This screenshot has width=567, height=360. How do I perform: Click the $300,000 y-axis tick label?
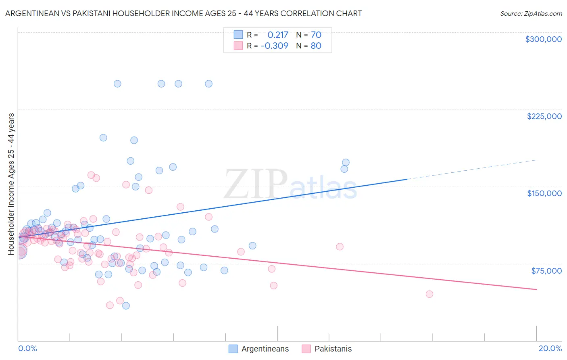click(543, 39)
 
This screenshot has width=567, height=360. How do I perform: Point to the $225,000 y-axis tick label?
click(544, 116)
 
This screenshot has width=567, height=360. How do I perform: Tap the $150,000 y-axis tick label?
click(544, 193)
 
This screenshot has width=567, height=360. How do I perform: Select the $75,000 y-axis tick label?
click(546, 271)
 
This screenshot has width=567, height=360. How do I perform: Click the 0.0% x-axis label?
click(27, 348)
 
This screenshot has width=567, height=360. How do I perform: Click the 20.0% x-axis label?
click(550, 348)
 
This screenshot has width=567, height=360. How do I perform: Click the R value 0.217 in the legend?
click(277, 35)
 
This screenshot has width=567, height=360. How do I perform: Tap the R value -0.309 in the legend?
click(274, 46)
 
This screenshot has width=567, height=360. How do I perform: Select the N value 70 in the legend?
click(316, 35)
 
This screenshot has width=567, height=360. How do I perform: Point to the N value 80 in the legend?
click(316, 46)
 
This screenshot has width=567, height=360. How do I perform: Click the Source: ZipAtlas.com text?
click(531, 13)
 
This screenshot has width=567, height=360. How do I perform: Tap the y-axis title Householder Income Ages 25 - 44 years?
click(11, 184)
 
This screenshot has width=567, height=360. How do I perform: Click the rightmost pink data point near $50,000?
click(429, 294)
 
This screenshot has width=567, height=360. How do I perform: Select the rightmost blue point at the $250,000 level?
click(208, 84)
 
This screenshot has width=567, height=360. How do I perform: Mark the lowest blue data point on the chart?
click(126, 306)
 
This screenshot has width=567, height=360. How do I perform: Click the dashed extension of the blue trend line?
click(472, 170)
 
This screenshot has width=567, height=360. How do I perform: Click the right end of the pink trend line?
click(536, 289)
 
